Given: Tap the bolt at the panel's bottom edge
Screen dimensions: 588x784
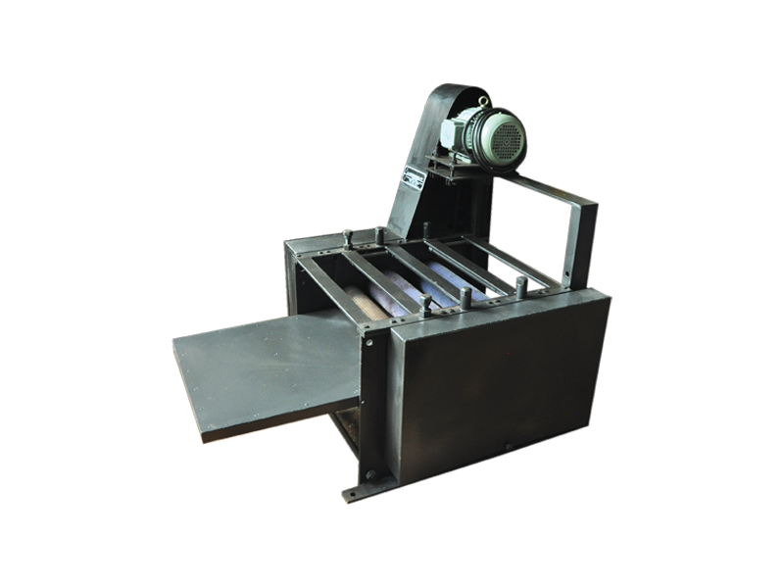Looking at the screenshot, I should click(x=507, y=448).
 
